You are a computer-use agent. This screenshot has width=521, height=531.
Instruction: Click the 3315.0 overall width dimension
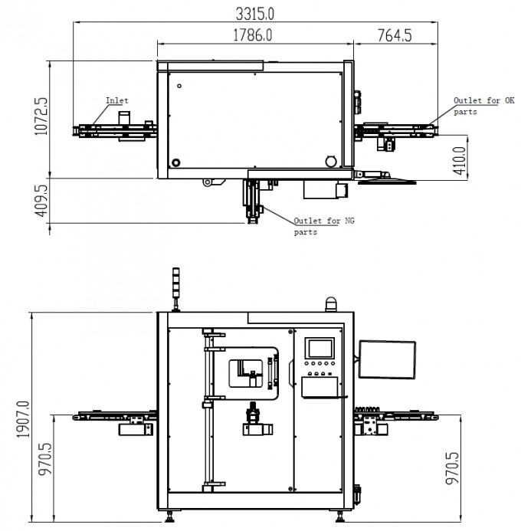pyautogui.click(x=254, y=14)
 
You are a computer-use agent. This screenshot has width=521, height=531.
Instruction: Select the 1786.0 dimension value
pyautogui.click(x=253, y=35)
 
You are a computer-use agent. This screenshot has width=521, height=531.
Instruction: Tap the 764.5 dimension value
pyautogui.click(x=395, y=35)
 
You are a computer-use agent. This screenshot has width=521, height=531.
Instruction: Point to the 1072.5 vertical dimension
pyautogui.click(x=41, y=116)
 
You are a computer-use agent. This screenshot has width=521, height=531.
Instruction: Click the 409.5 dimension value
pyautogui.click(x=41, y=201)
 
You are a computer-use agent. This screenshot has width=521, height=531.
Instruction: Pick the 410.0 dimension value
pyautogui.click(x=460, y=161)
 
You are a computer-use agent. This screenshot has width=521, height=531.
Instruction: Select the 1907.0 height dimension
pyautogui.click(x=23, y=419)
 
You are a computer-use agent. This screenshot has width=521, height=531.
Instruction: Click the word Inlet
pyautogui.click(x=116, y=100)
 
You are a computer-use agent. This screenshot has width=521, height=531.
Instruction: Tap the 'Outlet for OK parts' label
pyautogui.click(x=483, y=106)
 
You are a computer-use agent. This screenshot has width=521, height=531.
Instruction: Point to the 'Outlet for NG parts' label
pyautogui.click(x=324, y=226)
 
